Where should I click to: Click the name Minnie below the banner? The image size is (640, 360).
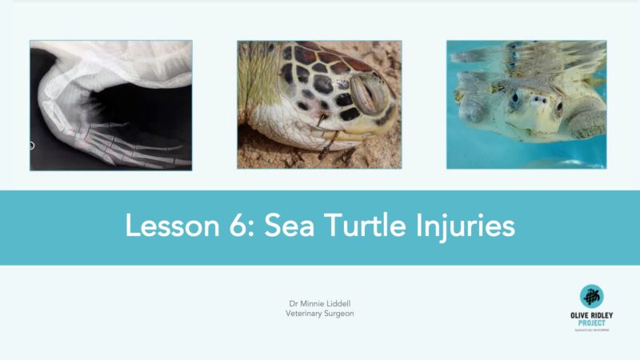311,304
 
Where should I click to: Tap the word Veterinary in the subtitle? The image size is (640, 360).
305,314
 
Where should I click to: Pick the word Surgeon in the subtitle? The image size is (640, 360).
340,314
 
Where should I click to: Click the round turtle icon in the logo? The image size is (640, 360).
592,296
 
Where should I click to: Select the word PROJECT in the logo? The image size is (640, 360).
592,322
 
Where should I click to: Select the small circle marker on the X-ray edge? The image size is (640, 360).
31,146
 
